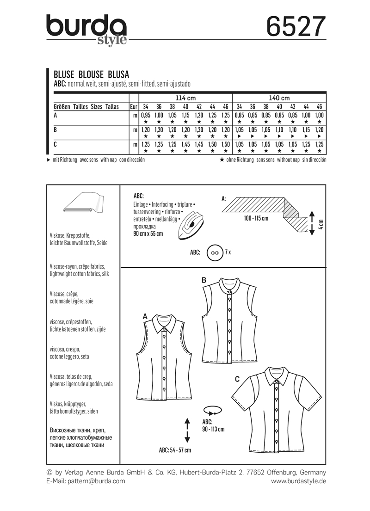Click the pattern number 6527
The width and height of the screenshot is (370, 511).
pos(296,27)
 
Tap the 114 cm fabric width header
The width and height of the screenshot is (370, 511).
pos(185,98)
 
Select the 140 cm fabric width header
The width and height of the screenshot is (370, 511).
pos(279,98)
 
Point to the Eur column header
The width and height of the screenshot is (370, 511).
pos(133,106)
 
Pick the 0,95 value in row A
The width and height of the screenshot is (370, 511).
pos(146,115)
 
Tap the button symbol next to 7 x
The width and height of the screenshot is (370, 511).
pos(214,253)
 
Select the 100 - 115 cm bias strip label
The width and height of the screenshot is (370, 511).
pos(255,218)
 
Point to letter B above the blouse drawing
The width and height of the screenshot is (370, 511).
pos(203,280)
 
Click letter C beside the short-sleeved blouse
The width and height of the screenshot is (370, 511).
pos(237,379)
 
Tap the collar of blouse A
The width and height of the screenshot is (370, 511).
pos(162,327)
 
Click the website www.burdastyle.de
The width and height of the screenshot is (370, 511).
pos(298,481)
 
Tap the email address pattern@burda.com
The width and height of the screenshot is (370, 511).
pos(86,481)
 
